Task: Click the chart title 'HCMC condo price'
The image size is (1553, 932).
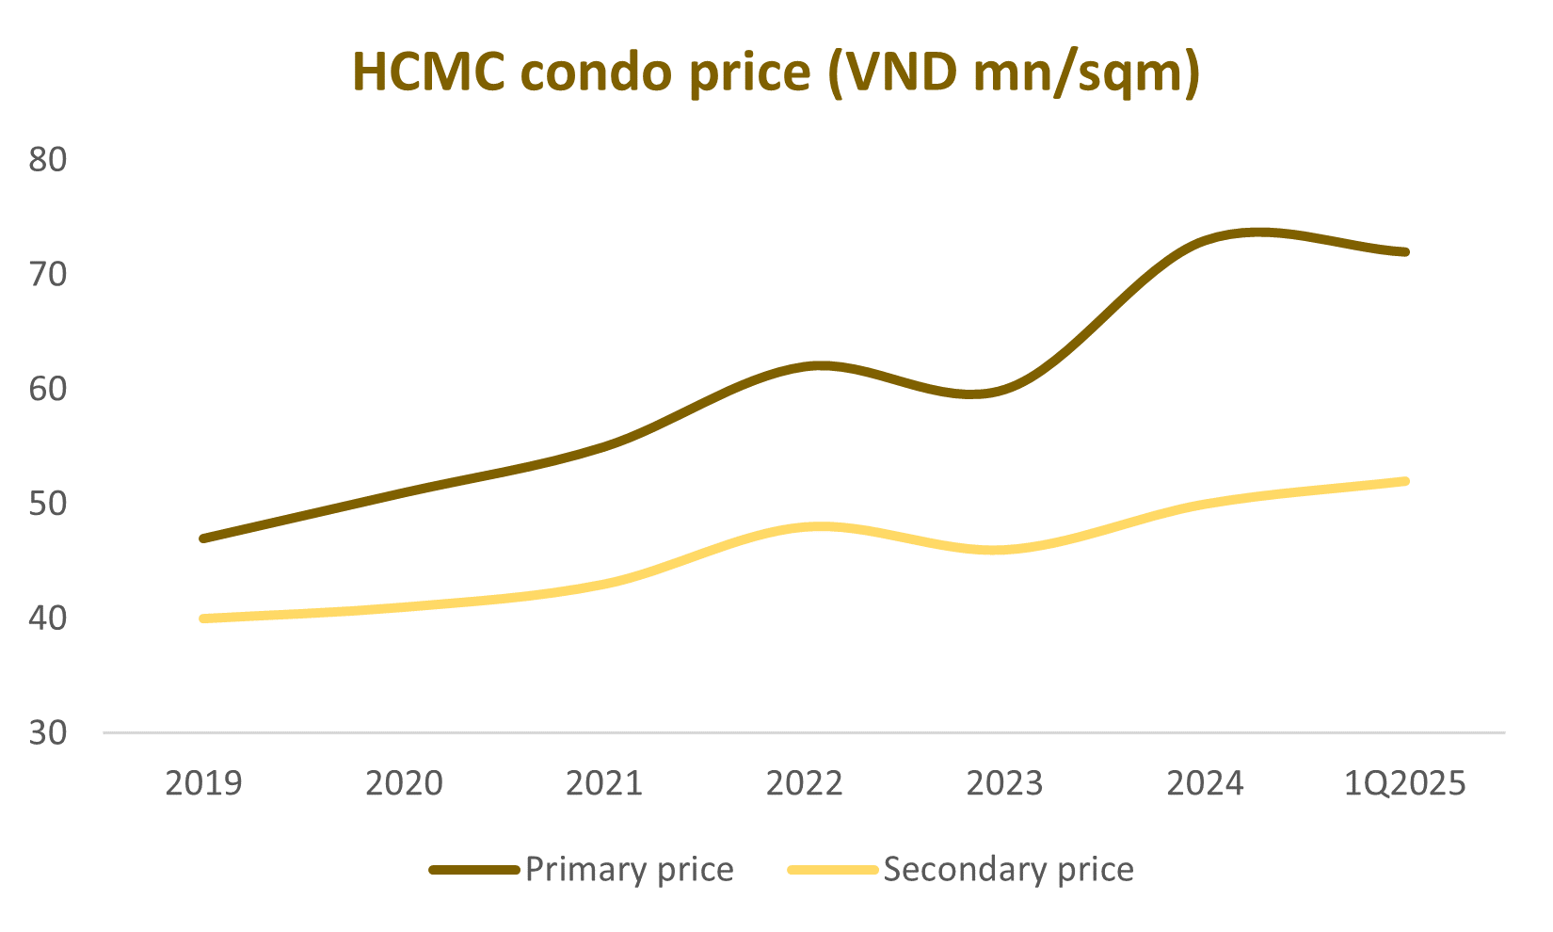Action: [776, 72]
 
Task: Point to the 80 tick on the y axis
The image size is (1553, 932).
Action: [48, 159]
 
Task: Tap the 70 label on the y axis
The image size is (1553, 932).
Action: [48, 274]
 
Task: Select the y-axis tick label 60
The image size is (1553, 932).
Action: [48, 389]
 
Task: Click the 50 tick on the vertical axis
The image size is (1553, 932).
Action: [48, 504]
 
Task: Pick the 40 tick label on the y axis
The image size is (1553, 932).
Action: [48, 619]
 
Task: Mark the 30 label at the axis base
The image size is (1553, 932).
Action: [48, 733]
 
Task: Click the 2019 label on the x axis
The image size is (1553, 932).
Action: [203, 783]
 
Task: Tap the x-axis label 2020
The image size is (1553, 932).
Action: [404, 783]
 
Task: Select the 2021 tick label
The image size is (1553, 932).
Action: [604, 783]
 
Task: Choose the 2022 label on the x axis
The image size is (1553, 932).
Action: [805, 783]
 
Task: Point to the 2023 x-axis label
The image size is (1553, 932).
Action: [1005, 783]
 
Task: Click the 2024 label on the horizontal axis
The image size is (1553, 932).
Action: [1206, 783]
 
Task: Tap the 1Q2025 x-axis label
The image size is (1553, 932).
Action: [1406, 783]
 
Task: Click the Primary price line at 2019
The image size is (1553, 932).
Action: [203, 538]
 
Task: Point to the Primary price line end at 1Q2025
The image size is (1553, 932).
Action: [1405, 251]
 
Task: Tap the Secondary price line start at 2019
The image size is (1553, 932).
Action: [203, 619]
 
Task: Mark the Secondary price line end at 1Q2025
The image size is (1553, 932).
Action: [1405, 481]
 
